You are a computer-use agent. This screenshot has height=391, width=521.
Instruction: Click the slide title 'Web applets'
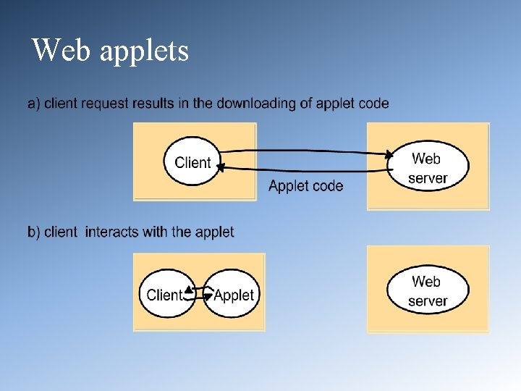(110, 51)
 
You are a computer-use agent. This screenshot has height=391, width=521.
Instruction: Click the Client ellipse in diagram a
(192, 162)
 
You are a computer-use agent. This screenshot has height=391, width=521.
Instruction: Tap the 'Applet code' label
(305, 186)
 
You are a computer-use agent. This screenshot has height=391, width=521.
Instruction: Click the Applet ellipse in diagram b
(232, 294)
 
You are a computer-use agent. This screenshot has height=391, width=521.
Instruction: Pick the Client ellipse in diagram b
(166, 294)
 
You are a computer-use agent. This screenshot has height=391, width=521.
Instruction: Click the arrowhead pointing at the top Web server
(390, 154)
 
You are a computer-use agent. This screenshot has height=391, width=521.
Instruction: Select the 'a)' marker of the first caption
(34, 104)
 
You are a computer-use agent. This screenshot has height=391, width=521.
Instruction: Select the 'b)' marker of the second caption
(34, 232)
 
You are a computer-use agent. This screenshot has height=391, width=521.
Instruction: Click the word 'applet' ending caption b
(214, 232)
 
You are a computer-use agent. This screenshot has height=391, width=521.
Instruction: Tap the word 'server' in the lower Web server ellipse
(427, 301)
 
